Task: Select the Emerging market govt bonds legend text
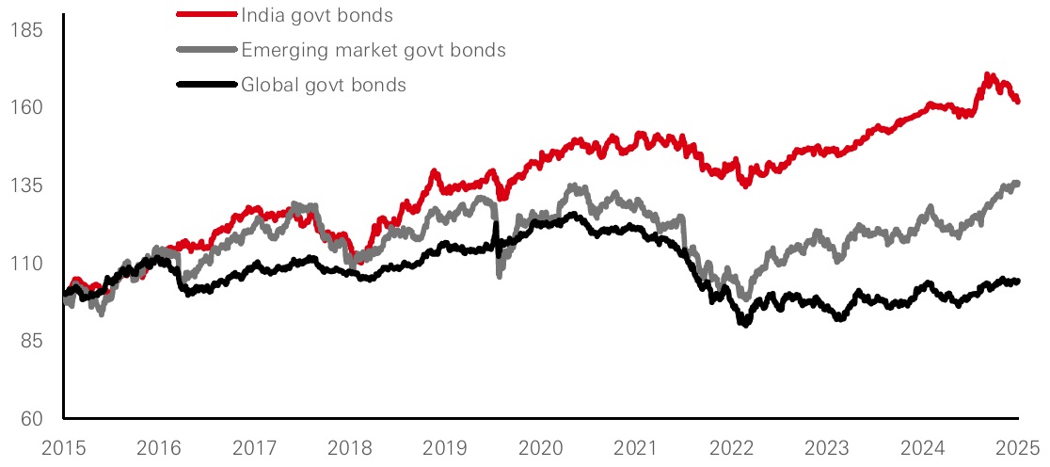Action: [x=374, y=50]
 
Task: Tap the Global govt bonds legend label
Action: [x=324, y=85]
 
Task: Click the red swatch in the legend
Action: [x=206, y=15]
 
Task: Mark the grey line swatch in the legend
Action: [x=206, y=50]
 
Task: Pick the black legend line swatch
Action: [x=206, y=85]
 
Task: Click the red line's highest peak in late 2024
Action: [x=987, y=75]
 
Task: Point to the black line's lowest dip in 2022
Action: [x=745, y=323]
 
